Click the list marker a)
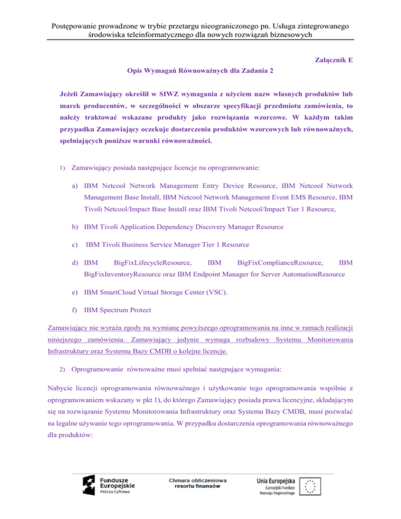click(76, 185)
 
